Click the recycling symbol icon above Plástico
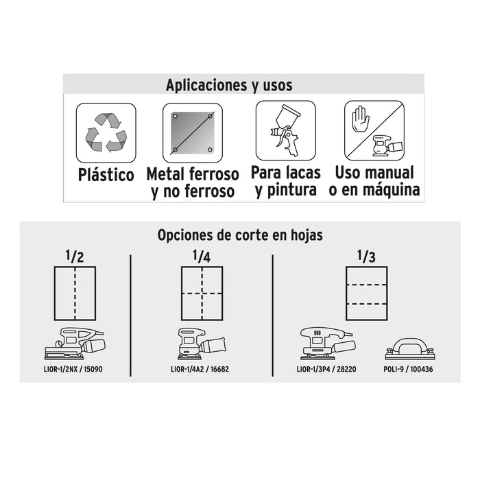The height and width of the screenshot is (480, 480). tap(106, 132)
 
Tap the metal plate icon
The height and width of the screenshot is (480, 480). tap(193, 133)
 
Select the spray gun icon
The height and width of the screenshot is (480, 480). tap(285, 130)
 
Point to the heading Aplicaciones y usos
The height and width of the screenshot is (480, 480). tap(229, 85)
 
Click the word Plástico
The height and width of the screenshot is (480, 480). tap(106, 174)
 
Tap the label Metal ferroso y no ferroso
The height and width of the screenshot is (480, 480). tap(193, 183)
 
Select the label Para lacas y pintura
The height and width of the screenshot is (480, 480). tap(286, 181)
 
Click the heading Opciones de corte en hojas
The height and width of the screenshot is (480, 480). tap(240, 235)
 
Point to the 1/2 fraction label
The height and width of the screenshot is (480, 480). tap(75, 256)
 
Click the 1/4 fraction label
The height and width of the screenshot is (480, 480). tap(202, 256)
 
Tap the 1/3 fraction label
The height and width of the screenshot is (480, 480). tap(366, 256)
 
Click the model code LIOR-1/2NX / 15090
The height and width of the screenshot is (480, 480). tap(73, 369)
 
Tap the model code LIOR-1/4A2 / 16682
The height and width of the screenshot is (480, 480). tap(200, 369)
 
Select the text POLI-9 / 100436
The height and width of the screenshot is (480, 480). tap(409, 369)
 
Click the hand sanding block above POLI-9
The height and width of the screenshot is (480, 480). tap(410, 348)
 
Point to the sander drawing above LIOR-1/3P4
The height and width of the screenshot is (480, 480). tap(328, 344)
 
